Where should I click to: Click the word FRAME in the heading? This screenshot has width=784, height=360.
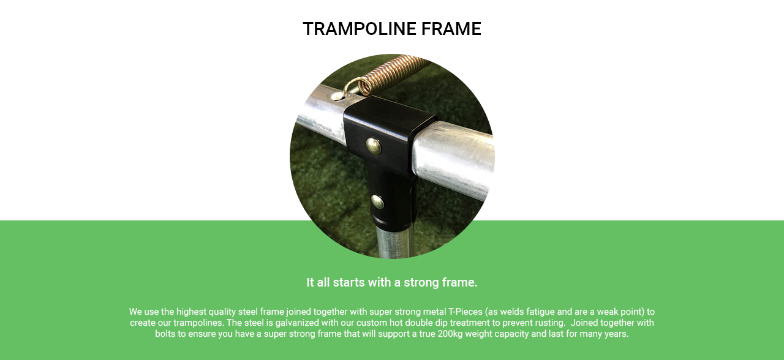pos(451,29)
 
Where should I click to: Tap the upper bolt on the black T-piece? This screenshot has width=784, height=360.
pos(374,146)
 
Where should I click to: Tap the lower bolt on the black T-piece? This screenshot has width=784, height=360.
pos(377,202)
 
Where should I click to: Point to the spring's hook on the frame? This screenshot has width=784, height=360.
pos(351,88)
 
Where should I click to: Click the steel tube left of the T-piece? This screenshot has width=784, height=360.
pos(320,116)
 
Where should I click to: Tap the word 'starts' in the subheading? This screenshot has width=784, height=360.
pos(349,282)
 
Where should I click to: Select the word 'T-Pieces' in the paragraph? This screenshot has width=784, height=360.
pos(465,312)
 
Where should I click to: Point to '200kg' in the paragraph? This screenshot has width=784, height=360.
pos(450,334)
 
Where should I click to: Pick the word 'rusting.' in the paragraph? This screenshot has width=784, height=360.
pos(550,323)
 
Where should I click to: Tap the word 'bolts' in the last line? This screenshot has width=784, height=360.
pos(165,334)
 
